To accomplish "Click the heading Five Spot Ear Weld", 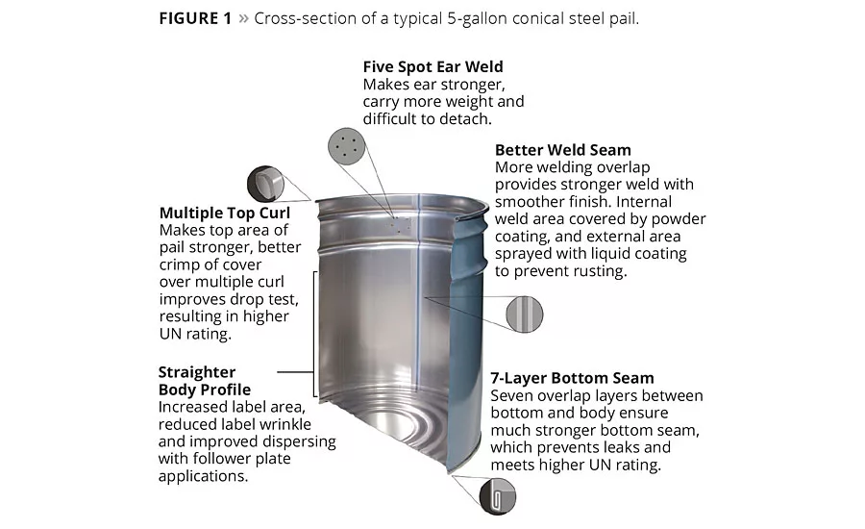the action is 433,66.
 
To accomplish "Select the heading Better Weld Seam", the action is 562,150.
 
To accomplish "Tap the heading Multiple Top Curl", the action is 225,214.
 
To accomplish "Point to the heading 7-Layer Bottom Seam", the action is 572,378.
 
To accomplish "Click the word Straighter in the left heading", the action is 197,372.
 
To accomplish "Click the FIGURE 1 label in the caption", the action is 195,19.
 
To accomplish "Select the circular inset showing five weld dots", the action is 346,146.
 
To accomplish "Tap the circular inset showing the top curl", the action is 265,184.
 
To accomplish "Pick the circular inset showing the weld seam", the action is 525,315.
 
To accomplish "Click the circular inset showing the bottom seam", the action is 497,496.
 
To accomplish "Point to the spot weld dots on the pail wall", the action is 400,224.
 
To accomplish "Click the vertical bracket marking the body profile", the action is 315,334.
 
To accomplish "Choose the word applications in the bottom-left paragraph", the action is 202,476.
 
